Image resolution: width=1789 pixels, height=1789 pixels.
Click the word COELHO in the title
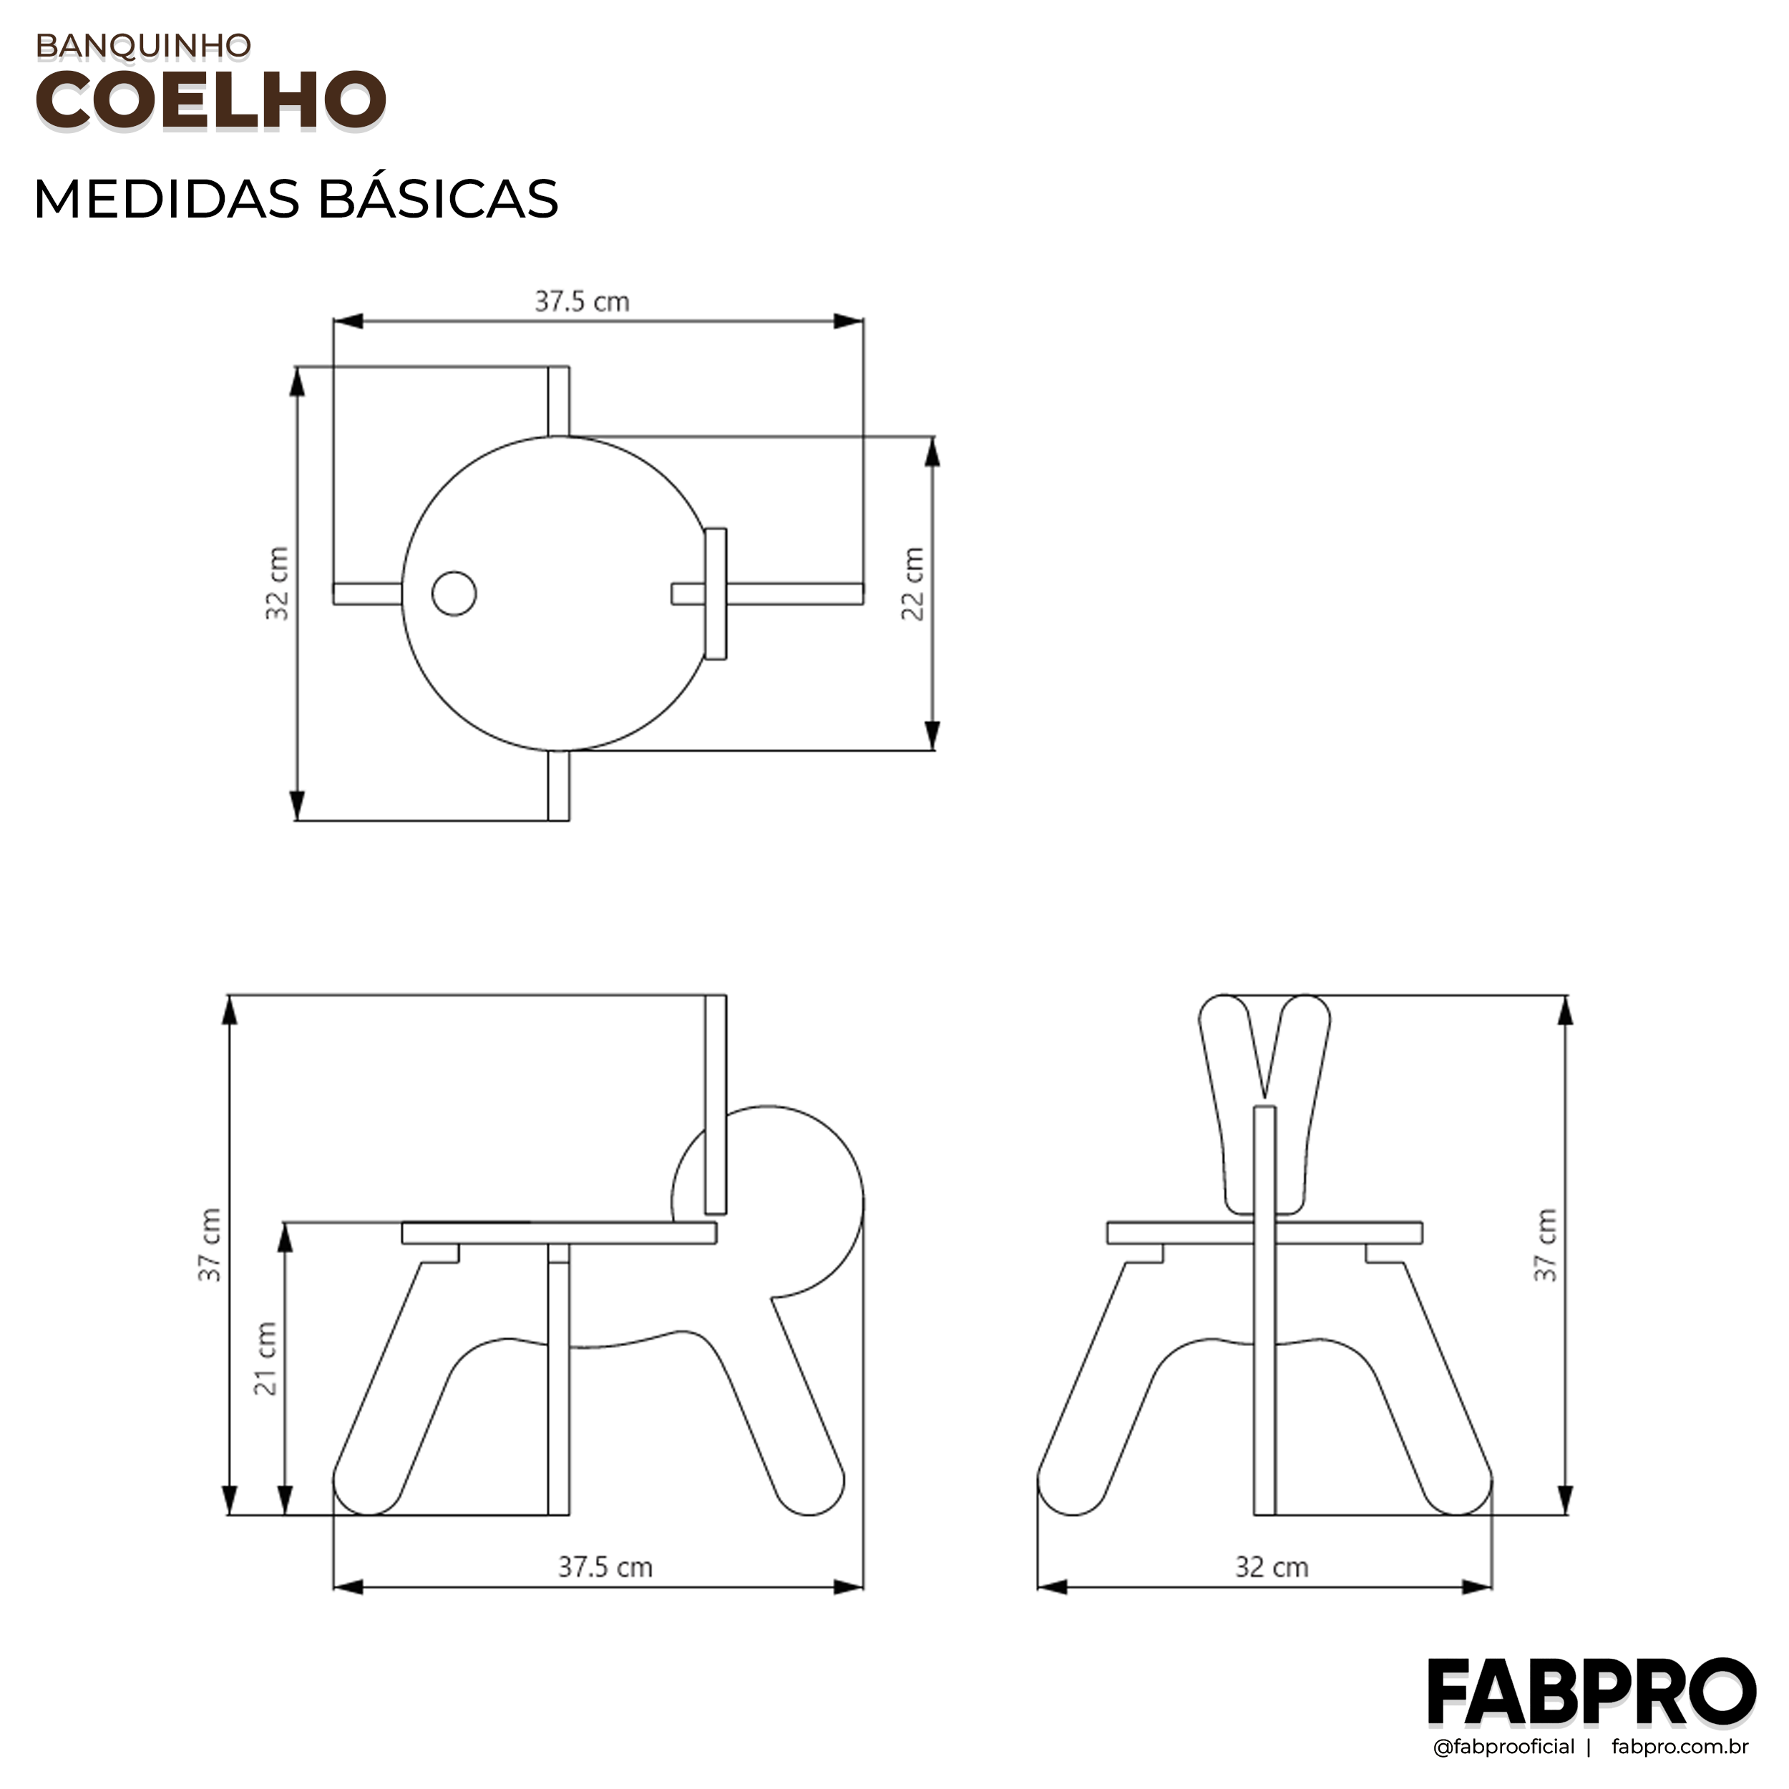point(210,99)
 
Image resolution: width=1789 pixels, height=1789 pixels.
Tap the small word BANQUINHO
point(144,45)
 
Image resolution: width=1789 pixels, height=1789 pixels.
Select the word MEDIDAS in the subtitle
point(167,199)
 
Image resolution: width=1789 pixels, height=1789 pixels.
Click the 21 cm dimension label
point(265,1358)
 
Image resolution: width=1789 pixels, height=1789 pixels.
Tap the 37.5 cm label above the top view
point(582,302)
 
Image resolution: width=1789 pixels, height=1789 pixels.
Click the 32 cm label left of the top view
point(277,583)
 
